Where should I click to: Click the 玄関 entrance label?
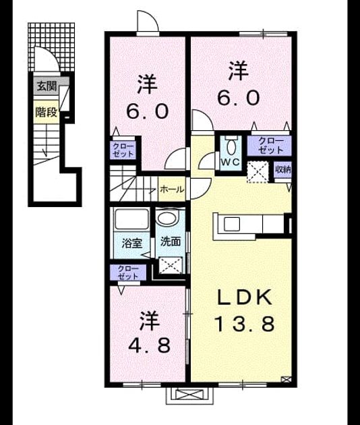click(x=47, y=86)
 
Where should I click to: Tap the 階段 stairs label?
click(x=47, y=112)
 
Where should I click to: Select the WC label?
click(x=230, y=162)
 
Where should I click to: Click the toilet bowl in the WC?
click(x=231, y=146)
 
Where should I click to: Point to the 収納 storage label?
click(x=282, y=170)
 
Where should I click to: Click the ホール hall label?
click(x=172, y=189)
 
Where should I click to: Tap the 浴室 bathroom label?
click(x=131, y=243)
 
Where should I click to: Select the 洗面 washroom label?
click(x=171, y=242)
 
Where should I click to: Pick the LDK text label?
click(x=245, y=297)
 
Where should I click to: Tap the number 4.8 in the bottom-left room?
click(x=149, y=345)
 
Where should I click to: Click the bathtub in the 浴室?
click(x=131, y=219)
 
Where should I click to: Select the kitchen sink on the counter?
click(x=232, y=223)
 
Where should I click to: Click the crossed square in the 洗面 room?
click(x=171, y=265)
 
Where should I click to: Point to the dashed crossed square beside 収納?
click(x=258, y=171)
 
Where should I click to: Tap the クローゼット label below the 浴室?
click(x=128, y=273)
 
